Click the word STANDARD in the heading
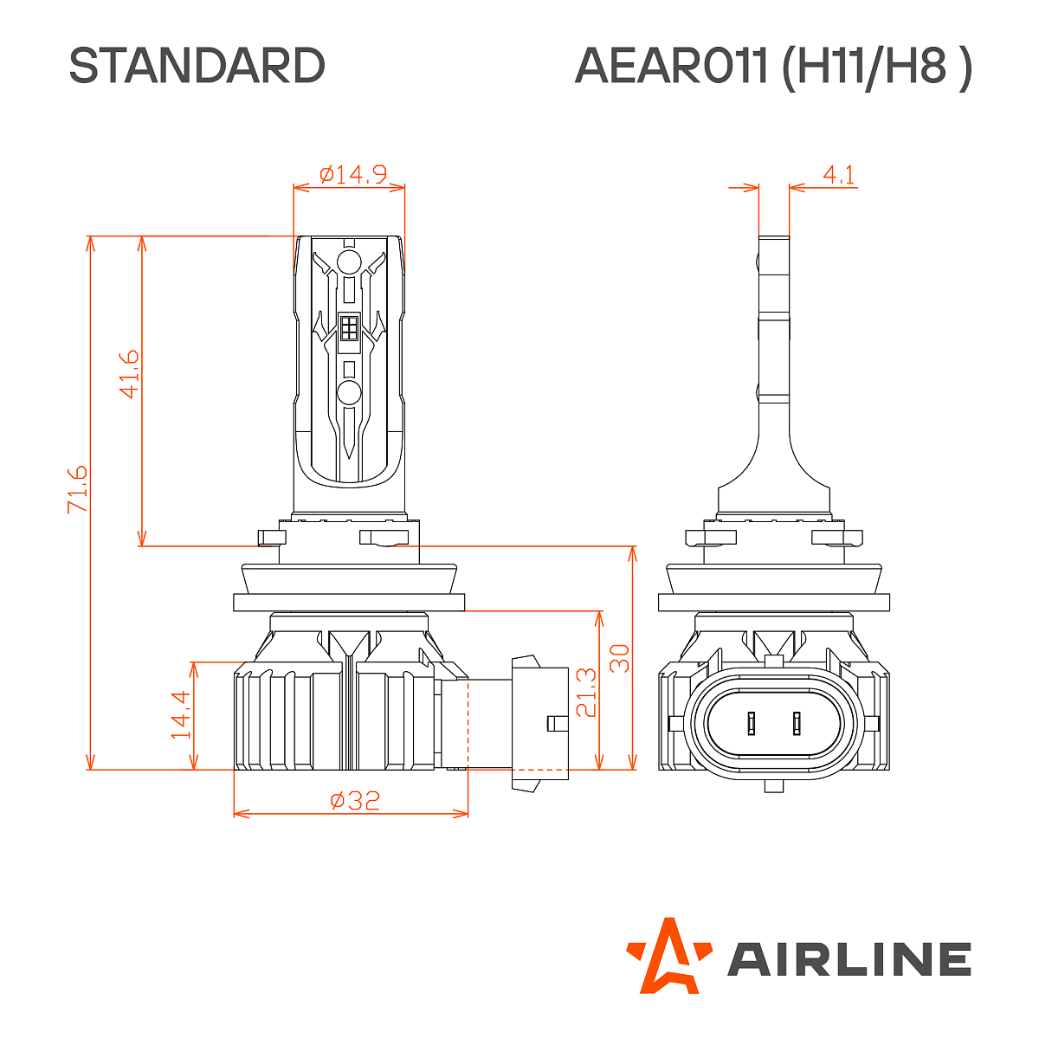(197, 66)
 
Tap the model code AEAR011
(671, 66)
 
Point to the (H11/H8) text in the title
(876, 66)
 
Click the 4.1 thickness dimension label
(838, 175)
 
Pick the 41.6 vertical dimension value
(128, 373)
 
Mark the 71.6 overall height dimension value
(78, 488)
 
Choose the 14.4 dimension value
(180, 714)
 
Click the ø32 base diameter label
(355, 800)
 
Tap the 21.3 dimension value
(586, 692)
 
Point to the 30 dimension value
(619, 658)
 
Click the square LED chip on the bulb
(349, 328)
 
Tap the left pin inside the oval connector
(752, 722)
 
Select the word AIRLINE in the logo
(849, 959)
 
